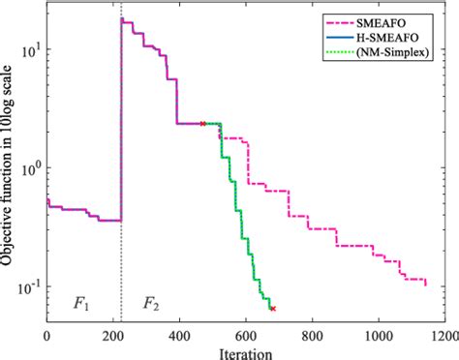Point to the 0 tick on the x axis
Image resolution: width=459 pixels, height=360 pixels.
[46, 334]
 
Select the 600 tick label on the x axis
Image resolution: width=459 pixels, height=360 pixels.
[246, 334]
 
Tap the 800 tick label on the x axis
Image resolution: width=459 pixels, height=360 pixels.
[312, 334]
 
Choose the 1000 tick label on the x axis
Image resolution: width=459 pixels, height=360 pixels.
[378, 334]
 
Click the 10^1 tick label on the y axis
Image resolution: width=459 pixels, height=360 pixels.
[30, 47]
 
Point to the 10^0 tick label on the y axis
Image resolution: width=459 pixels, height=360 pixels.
[30, 167]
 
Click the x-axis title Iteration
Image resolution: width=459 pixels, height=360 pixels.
[245, 350]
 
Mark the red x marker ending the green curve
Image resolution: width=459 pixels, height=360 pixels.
[273, 309]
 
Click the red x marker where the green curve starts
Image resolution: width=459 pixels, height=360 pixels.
[202, 124]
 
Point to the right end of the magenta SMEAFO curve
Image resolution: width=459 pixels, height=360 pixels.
[425, 283]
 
